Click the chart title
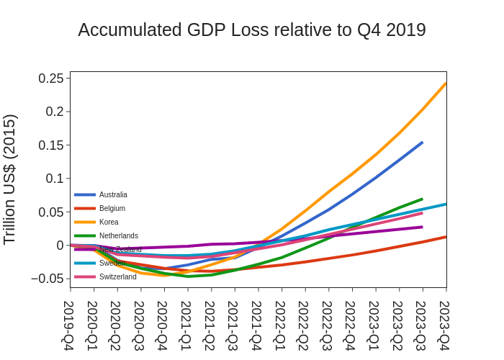pos(252,30)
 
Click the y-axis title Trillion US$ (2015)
pos(10,179)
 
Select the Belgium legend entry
pos(112,208)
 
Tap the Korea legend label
pos(109,222)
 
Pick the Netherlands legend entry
pos(118,235)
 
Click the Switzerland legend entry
pos(117,276)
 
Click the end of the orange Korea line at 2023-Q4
pos(446,84)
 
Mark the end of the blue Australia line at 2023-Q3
pos(422,143)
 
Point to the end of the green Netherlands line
pos(422,199)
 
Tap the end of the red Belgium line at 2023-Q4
pos(446,237)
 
